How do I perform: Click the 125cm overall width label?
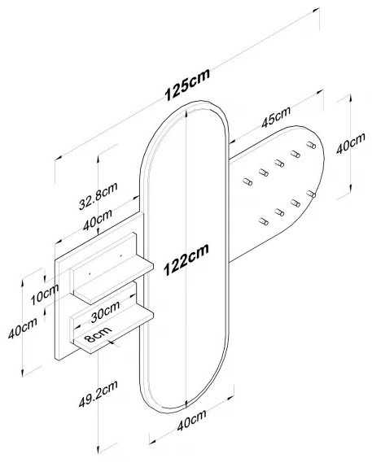pyautogui.click(x=187, y=85)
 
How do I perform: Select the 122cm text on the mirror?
pyautogui.click(x=186, y=260)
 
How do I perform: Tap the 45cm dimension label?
pyautogui.click(x=276, y=117)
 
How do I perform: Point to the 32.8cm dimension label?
pyautogui.click(x=98, y=196)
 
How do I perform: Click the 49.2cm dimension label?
pyautogui.click(x=98, y=394)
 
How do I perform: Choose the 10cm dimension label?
pyautogui.click(x=45, y=295)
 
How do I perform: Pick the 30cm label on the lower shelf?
pyautogui.click(x=105, y=312)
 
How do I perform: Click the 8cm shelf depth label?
pyautogui.click(x=98, y=334)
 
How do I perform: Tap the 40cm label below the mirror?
pyautogui.click(x=191, y=421)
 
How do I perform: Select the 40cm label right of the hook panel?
pyautogui.click(x=351, y=143)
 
